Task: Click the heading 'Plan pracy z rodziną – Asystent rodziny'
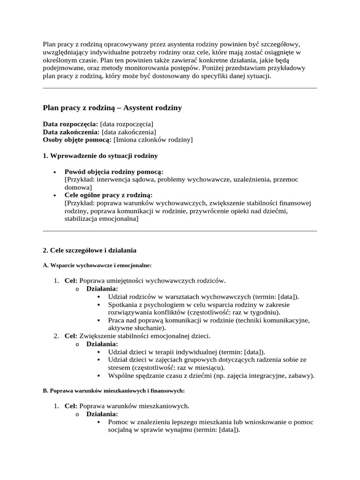click(x=112, y=108)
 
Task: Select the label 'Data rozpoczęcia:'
click(x=70, y=124)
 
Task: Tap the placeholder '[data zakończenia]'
click(x=129, y=132)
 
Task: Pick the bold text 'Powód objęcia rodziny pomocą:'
click(x=114, y=172)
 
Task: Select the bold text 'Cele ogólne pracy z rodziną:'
click(x=109, y=195)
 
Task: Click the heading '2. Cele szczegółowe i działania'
click(x=90, y=250)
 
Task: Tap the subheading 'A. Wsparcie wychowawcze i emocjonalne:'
click(x=97, y=265)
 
